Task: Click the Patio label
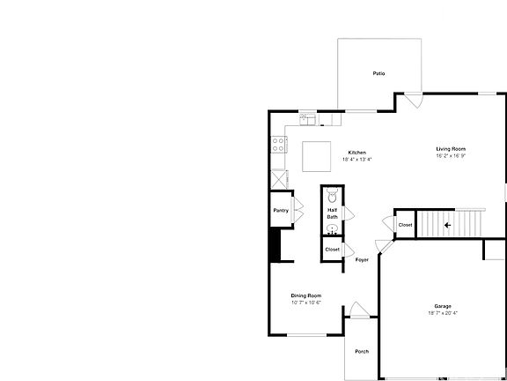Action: [x=379, y=73]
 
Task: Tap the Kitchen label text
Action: [x=356, y=153]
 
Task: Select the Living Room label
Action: [x=451, y=149]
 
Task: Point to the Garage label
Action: [x=442, y=306]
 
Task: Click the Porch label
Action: [x=362, y=351]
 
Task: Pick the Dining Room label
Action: [x=306, y=295]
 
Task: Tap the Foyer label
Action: [x=361, y=260]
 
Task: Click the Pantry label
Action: [x=281, y=210]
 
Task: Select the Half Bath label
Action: [x=332, y=213]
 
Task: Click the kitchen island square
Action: [x=318, y=156]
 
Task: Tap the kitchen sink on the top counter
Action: [x=307, y=116]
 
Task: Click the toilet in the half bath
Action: [x=332, y=197]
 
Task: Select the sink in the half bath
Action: [x=332, y=229]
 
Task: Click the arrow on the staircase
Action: [x=447, y=225]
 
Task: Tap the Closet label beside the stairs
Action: [x=405, y=225]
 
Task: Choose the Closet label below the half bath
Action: [x=332, y=250]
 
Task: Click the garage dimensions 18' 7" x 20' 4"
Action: [x=442, y=313]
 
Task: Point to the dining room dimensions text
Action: [x=306, y=303]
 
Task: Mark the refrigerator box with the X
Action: [x=278, y=176]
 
